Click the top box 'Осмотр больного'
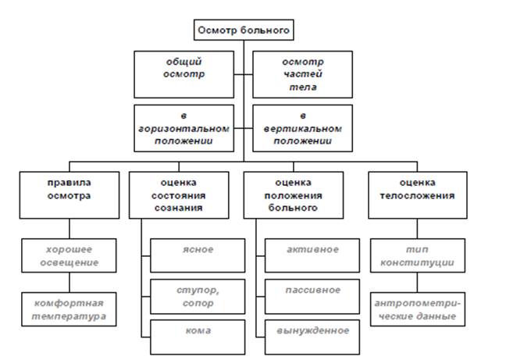pyautogui.click(x=244, y=30)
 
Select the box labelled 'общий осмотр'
pyautogui.click(x=184, y=74)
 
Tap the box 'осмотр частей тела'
pyautogui.click(x=302, y=74)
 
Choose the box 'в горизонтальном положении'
pyautogui.click(x=184, y=128)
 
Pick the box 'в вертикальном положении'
pyautogui.click(x=302, y=128)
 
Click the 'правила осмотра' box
pyautogui.click(x=69, y=195)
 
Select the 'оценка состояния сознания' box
pyautogui.click(x=179, y=195)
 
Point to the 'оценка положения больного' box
pyautogui.click(x=294, y=195)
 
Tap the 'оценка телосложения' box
pyautogui.click(x=418, y=195)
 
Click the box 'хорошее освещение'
pyautogui.click(x=69, y=255)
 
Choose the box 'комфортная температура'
pyautogui.click(x=69, y=309)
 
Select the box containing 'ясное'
pyautogui.click(x=198, y=255)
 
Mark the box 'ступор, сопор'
pyautogui.click(x=198, y=297)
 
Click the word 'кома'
pyautogui.click(x=198, y=330)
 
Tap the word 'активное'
pyautogui.click(x=312, y=249)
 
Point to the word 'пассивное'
pyautogui.click(x=312, y=290)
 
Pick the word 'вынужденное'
pyautogui.click(x=312, y=330)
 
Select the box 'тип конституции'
pyautogui.click(x=418, y=255)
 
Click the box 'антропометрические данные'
pyautogui.click(x=418, y=309)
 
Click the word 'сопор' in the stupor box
pyautogui.click(x=198, y=304)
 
